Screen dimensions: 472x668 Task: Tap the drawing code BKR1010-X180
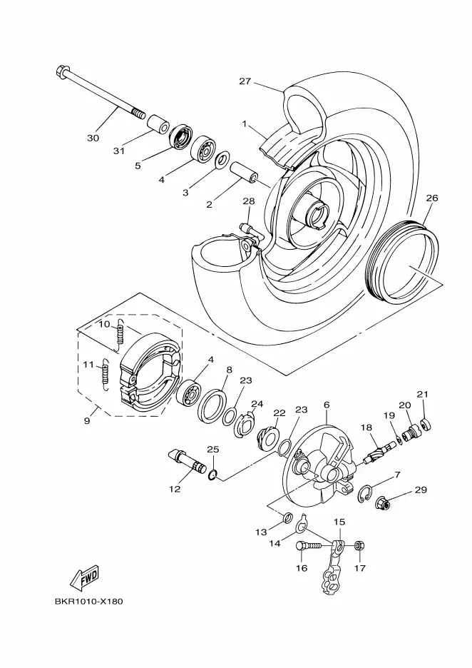coord(88,602)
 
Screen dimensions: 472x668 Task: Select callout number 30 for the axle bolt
coord(93,138)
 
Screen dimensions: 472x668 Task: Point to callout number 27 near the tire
coord(245,81)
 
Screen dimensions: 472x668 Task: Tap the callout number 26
coord(432,198)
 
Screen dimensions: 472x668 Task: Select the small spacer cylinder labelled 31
coord(158,123)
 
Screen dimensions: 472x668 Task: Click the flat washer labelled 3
coord(222,160)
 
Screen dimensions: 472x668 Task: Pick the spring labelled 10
coord(120,335)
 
